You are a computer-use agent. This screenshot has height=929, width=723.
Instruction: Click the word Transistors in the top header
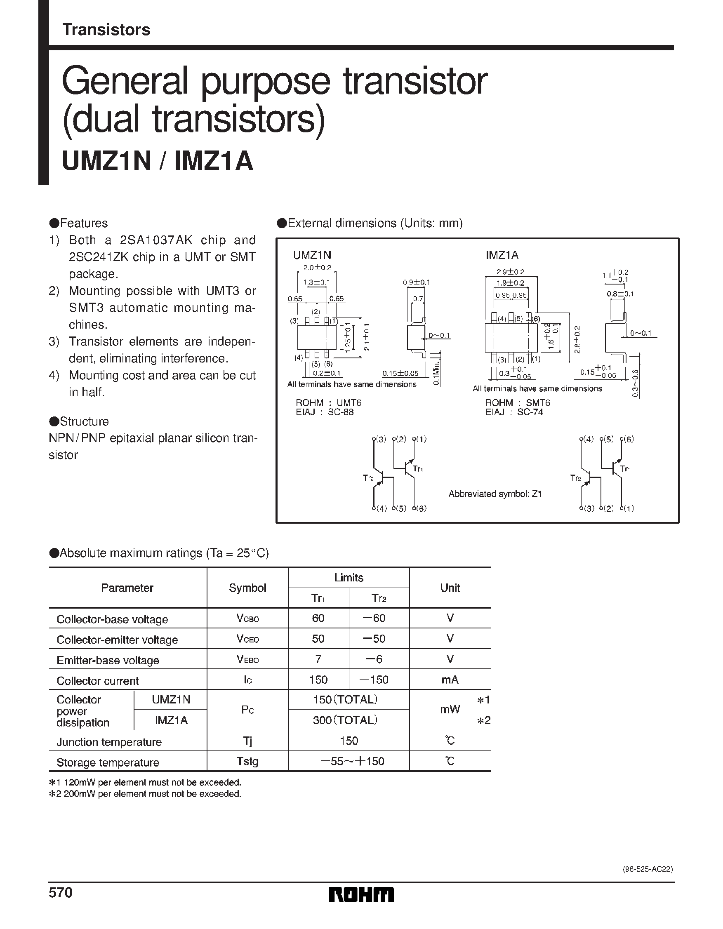(x=106, y=30)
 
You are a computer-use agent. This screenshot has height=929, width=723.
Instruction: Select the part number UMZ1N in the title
(x=106, y=162)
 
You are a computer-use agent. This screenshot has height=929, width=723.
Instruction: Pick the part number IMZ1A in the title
(x=214, y=162)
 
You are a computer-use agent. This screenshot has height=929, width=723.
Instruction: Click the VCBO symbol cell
(x=247, y=619)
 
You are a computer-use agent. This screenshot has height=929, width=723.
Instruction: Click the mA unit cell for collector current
(x=450, y=680)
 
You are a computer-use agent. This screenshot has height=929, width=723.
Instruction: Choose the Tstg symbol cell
(x=247, y=761)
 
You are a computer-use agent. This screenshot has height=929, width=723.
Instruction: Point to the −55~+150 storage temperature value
(x=352, y=761)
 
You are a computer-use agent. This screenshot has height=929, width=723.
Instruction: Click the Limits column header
(x=349, y=578)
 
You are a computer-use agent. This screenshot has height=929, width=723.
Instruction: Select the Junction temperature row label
(x=109, y=742)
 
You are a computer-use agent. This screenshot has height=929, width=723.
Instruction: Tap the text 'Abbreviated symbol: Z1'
(x=495, y=494)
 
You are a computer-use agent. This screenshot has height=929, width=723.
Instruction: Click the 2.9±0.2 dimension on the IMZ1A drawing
(x=510, y=271)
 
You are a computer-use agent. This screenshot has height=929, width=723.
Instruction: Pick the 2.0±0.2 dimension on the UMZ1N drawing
(x=317, y=268)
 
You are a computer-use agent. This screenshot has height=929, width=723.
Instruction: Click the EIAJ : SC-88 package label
(x=325, y=412)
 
